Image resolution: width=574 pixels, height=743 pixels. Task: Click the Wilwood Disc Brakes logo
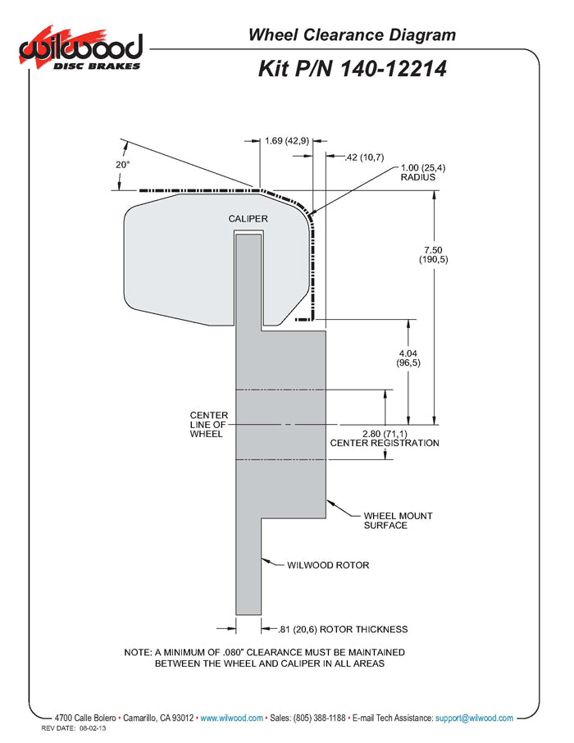[x=80, y=51]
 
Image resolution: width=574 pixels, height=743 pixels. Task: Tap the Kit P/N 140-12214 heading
[x=353, y=68]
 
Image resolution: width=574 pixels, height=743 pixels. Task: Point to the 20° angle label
[x=122, y=164]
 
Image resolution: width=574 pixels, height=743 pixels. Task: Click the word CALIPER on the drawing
[x=248, y=219]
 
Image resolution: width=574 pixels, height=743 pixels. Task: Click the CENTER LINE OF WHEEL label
[x=206, y=425]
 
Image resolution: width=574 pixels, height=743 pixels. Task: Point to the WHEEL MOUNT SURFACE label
[x=398, y=521]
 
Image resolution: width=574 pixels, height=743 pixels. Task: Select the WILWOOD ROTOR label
[x=328, y=565]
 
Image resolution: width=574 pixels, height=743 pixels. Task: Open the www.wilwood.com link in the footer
[x=231, y=718]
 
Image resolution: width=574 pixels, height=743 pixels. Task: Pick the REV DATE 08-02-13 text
[x=75, y=728]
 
